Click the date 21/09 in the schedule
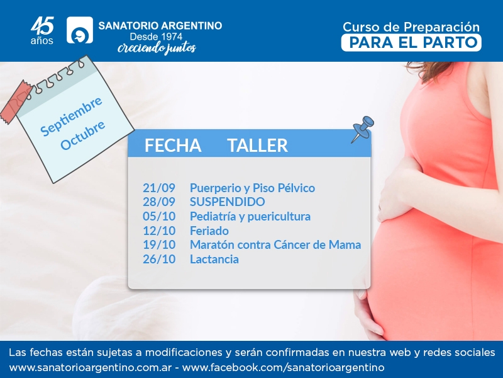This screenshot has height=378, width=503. coord(159,188)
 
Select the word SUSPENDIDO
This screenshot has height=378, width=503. coord(228,202)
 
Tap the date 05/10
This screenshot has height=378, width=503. coord(159,216)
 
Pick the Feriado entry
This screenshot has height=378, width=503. coord(209,231)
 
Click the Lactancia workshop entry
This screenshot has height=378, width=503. coord(214,259)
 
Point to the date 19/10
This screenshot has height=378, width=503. coord(159,245)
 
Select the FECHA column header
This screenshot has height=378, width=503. coord(173,146)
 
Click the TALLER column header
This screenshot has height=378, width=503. coord(258,146)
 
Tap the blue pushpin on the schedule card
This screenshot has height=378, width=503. coord(363,128)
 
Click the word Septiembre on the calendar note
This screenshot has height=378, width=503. coord(71,116)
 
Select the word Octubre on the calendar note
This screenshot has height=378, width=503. coord(83,135)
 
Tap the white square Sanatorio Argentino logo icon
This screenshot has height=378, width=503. coord(80,30)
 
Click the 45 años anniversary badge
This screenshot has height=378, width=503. coord(42,30)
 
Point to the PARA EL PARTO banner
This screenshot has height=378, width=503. coord(411,43)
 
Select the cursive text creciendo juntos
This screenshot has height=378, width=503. coord(157,49)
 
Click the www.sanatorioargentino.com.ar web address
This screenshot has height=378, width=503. coord(91,367)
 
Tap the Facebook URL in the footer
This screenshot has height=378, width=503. coord(283,367)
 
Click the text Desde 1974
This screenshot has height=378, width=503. coord(156,37)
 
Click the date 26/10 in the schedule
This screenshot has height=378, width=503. coord(159,259)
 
